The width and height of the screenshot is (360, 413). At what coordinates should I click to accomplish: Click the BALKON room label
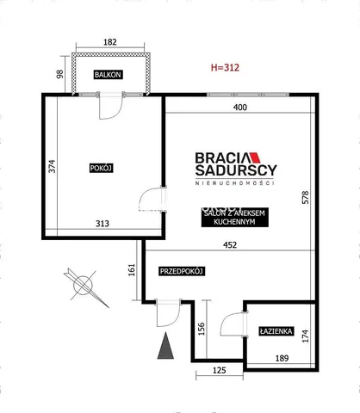click(x=108, y=75)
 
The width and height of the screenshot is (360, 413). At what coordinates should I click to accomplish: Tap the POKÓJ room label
click(x=101, y=168)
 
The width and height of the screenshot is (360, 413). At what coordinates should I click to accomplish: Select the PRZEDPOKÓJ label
click(x=182, y=271)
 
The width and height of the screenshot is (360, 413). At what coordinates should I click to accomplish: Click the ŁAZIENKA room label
click(x=276, y=331)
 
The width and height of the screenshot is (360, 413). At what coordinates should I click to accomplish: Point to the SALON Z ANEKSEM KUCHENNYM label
click(x=234, y=218)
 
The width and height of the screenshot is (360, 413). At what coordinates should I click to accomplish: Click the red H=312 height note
click(x=225, y=68)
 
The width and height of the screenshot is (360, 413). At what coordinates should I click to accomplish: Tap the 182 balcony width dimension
click(x=110, y=42)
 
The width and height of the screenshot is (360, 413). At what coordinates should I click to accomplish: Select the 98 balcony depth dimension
click(x=59, y=74)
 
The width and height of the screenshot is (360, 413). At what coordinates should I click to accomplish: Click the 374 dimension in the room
click(x=52, y=166)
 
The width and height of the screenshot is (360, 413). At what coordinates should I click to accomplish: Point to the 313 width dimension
click(x=102, y=224)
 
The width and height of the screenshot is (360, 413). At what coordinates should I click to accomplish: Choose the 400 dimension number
click(x=240, y=108)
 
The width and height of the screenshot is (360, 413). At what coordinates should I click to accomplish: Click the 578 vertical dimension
click(x=305, y=197)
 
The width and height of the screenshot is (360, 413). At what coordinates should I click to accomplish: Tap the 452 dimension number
click(x=230, y=245)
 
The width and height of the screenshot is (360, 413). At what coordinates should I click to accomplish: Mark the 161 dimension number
click(x=132, y=270)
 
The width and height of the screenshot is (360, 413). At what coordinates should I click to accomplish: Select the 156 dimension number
click(x=202, y=329)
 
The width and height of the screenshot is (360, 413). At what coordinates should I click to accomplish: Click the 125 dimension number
click(x=220, y=370)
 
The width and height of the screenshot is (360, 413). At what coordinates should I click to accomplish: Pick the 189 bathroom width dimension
click(x=282, y=358)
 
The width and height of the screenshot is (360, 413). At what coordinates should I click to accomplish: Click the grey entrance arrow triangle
click(x=165, y=346)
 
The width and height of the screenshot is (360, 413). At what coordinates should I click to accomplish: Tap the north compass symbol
click(x=85, y=287)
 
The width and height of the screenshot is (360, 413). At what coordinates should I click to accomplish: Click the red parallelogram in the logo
click(x=254, y=157)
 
